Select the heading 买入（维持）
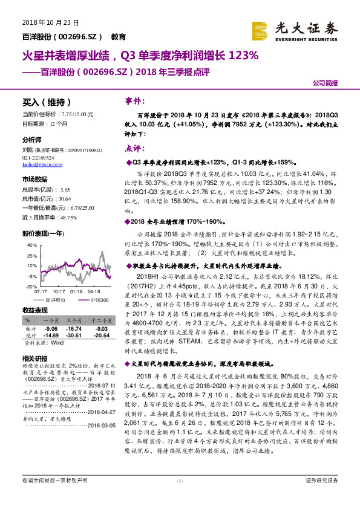47,102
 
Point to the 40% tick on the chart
29,245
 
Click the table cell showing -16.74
74,327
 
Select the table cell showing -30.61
74,334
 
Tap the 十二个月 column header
99,320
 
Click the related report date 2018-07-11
100,384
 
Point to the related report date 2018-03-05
100,424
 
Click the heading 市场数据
34,180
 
